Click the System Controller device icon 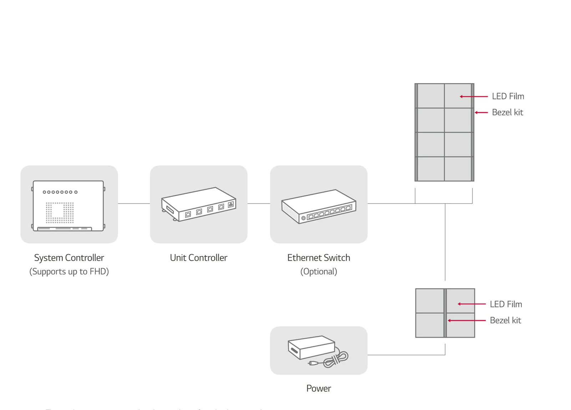pos(69,206)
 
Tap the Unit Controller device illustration pos(198,204)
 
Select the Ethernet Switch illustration pos(318,207)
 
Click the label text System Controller pos(69,258)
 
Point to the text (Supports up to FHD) pos(69,272)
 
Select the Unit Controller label pos(198,258)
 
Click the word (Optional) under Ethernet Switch pos(318,272)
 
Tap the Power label pos(318,388)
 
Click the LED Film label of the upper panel pos(507,96)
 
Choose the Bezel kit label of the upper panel pos(507,112)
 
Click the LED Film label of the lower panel pos(505,304)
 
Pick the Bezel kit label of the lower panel pos(505,320)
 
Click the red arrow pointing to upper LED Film pos(474,96)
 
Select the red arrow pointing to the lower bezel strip pos(466,321)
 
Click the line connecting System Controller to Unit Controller pos(134,204)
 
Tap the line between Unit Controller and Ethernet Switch pos(259,204)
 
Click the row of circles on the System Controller pos(60,192)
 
